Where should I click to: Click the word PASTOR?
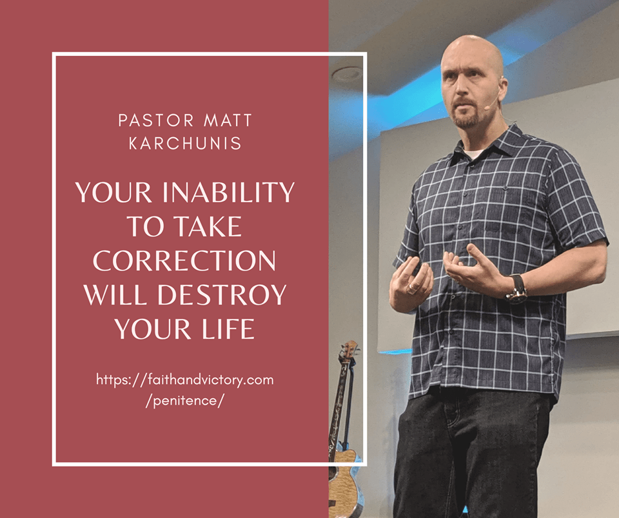click(x=156, y=120)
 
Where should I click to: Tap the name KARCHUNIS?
click(x=185, y=143)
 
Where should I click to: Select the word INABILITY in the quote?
click(x=228, y=192)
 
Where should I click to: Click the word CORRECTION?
click(x=184, y=261)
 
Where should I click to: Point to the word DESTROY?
click(x=222, y=294)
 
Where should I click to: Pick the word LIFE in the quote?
click(x=228, y=329)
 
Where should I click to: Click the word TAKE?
click(x=208, y=226)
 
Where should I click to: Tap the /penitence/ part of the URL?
click(x=185, y=401)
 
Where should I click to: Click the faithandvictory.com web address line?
click(x=185, y=380)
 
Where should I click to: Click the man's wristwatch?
click(x=517, y=289)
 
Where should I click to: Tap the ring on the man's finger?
click(x=413, y=287)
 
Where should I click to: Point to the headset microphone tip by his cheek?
click(x=486, y=107)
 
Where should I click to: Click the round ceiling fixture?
click(x=346, y=74)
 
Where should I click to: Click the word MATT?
click(x=228, y=120)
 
